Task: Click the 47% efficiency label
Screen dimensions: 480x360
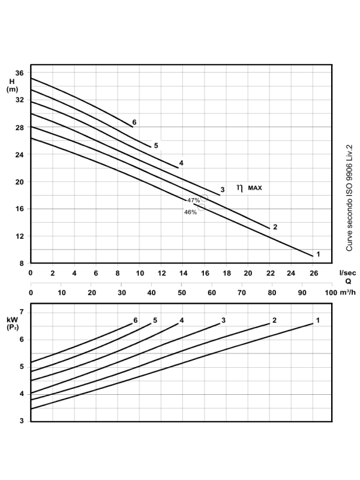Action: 193,200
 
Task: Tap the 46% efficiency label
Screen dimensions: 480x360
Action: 190,212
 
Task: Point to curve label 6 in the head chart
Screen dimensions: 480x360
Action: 134,122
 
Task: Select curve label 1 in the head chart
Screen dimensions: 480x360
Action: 318,254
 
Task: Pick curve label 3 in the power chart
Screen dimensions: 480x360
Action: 223,320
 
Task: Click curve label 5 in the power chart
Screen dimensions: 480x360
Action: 155,320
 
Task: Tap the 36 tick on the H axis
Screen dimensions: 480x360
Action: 19,73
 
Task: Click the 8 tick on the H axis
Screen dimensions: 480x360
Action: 21,263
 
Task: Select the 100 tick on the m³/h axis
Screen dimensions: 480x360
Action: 329,293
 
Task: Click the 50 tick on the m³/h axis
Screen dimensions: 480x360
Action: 181,293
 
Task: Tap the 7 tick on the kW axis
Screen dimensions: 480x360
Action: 21,312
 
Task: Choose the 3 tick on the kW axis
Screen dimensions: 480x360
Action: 21,421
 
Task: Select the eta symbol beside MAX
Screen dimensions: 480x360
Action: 240,188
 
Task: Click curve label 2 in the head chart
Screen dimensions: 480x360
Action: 275,227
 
